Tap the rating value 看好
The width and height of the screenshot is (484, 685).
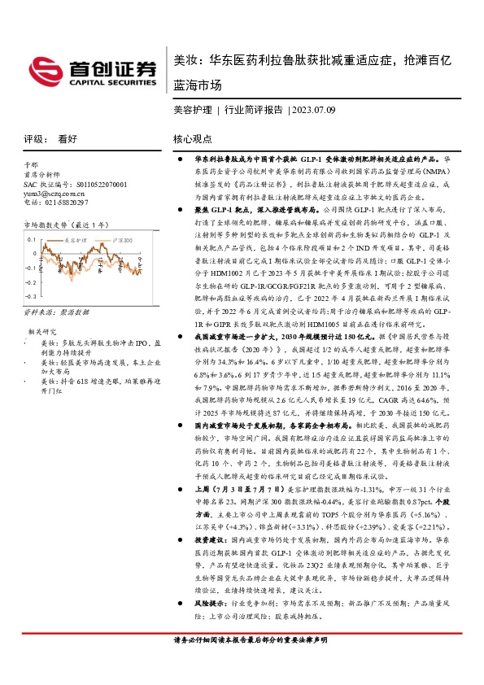pyautogui.click(x=68, y=139)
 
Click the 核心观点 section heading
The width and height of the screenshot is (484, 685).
pyautogui.click(x=192, y=140)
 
